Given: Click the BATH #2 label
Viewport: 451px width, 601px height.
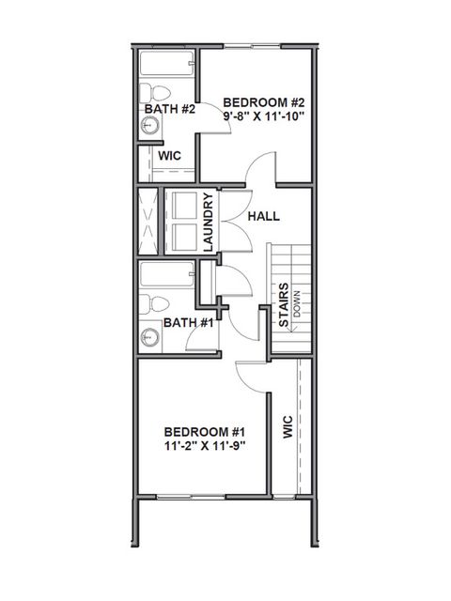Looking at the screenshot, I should [169, 110].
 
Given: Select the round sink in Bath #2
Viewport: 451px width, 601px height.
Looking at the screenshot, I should [148, 123].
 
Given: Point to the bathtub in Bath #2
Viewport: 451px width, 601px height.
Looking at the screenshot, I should [167, 66].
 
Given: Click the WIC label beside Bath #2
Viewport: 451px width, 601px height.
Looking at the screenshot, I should [169, 156].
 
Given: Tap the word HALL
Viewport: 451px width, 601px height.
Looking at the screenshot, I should [264, 216].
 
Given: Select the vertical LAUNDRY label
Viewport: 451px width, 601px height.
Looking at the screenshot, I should [209, 222].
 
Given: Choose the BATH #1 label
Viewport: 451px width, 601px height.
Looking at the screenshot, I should [187, 322].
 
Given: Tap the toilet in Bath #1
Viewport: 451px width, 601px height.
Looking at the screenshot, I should [156, 305].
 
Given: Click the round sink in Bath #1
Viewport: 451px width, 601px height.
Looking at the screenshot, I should [148, 337].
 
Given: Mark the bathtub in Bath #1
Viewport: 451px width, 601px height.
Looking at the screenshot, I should [167, 277].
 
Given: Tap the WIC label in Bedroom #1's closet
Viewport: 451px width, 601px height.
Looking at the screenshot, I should [288, 427].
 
